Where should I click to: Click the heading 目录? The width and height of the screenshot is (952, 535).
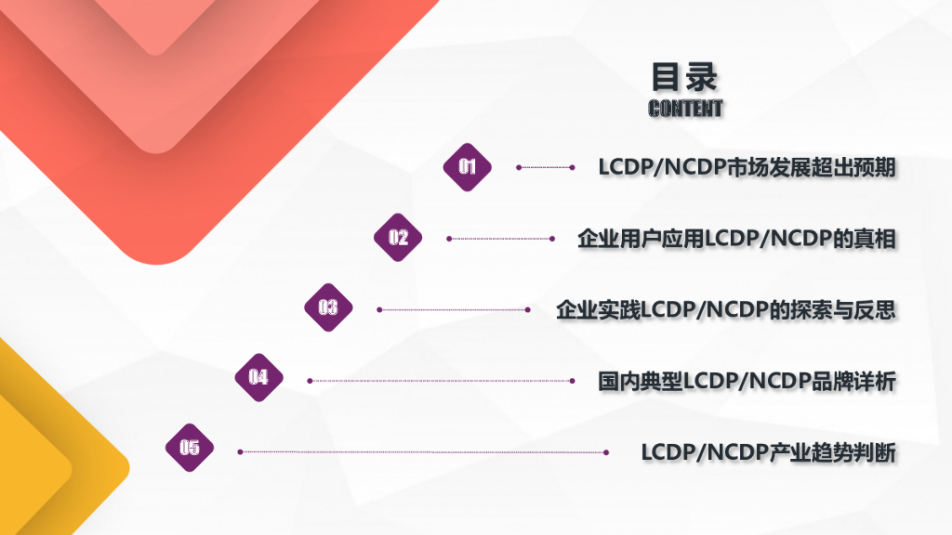pyautogui.click(x=685, y=76)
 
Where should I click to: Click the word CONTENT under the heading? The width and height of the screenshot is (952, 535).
pyautogui.click(x=685, y=109)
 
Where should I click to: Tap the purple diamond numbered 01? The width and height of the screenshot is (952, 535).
pyautogui.click(x=467, y=167)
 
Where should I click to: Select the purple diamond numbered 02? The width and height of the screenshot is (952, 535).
pyautogui.click(x=398, y=238)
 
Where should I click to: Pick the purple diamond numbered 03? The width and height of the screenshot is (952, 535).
pyautogui.click(x=328, y=308)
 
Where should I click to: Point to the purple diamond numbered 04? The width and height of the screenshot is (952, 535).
pyautogui.click(x=258, y=378)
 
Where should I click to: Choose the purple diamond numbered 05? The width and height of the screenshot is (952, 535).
pyautogui.click(x=190, y=448)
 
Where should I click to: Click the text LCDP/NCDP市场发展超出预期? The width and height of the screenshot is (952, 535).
pyautogui.click(x=747, y=168)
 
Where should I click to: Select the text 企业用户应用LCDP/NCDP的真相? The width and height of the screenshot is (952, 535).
pyautogui.click(x=736, y=239)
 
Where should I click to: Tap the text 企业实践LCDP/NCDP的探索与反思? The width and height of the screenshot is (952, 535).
pyautogui.click(x=725, y=310)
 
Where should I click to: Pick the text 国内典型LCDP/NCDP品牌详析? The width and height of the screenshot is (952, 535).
pyautogui.click(x=747, y=381)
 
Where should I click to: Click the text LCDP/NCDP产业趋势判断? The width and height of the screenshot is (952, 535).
pyautogui.click(x=768, y=452)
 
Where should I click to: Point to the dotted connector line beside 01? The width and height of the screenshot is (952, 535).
pyautogui.click(x=546, y=167)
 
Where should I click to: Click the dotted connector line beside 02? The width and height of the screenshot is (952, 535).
pyautogui.click(x=500, y=239)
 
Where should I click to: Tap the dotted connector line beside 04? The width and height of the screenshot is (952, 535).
pyautogui.click(x=443, y=381)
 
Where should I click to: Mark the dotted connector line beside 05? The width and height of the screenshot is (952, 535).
pyautogui.click(x=423, y=452)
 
